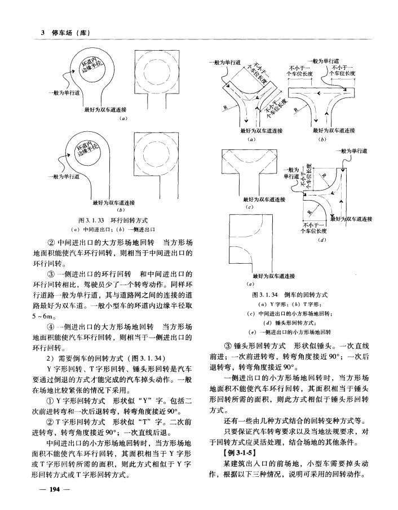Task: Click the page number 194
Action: point(54,489)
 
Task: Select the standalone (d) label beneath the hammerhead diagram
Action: point(322,240)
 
